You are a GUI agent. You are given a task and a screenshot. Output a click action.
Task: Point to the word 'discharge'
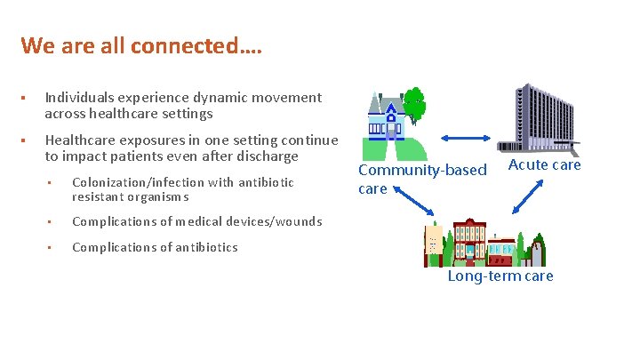point(264,156)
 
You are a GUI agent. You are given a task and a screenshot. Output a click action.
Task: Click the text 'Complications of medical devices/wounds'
point(196,221)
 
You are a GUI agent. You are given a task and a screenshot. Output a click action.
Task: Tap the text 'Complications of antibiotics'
point(155,247)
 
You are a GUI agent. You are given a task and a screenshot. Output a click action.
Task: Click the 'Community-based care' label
point(421,178)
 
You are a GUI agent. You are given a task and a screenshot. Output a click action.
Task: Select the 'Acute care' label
point(544,164)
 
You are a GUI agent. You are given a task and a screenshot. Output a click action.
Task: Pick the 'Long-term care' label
point(500,276)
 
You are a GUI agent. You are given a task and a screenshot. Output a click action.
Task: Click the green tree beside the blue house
point(415,104)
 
